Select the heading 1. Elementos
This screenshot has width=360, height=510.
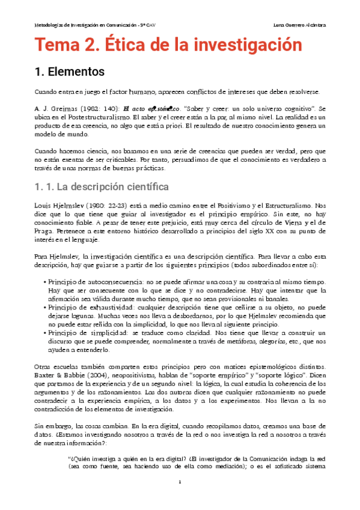(70, 72)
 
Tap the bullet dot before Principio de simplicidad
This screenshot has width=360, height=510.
(46, 332)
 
